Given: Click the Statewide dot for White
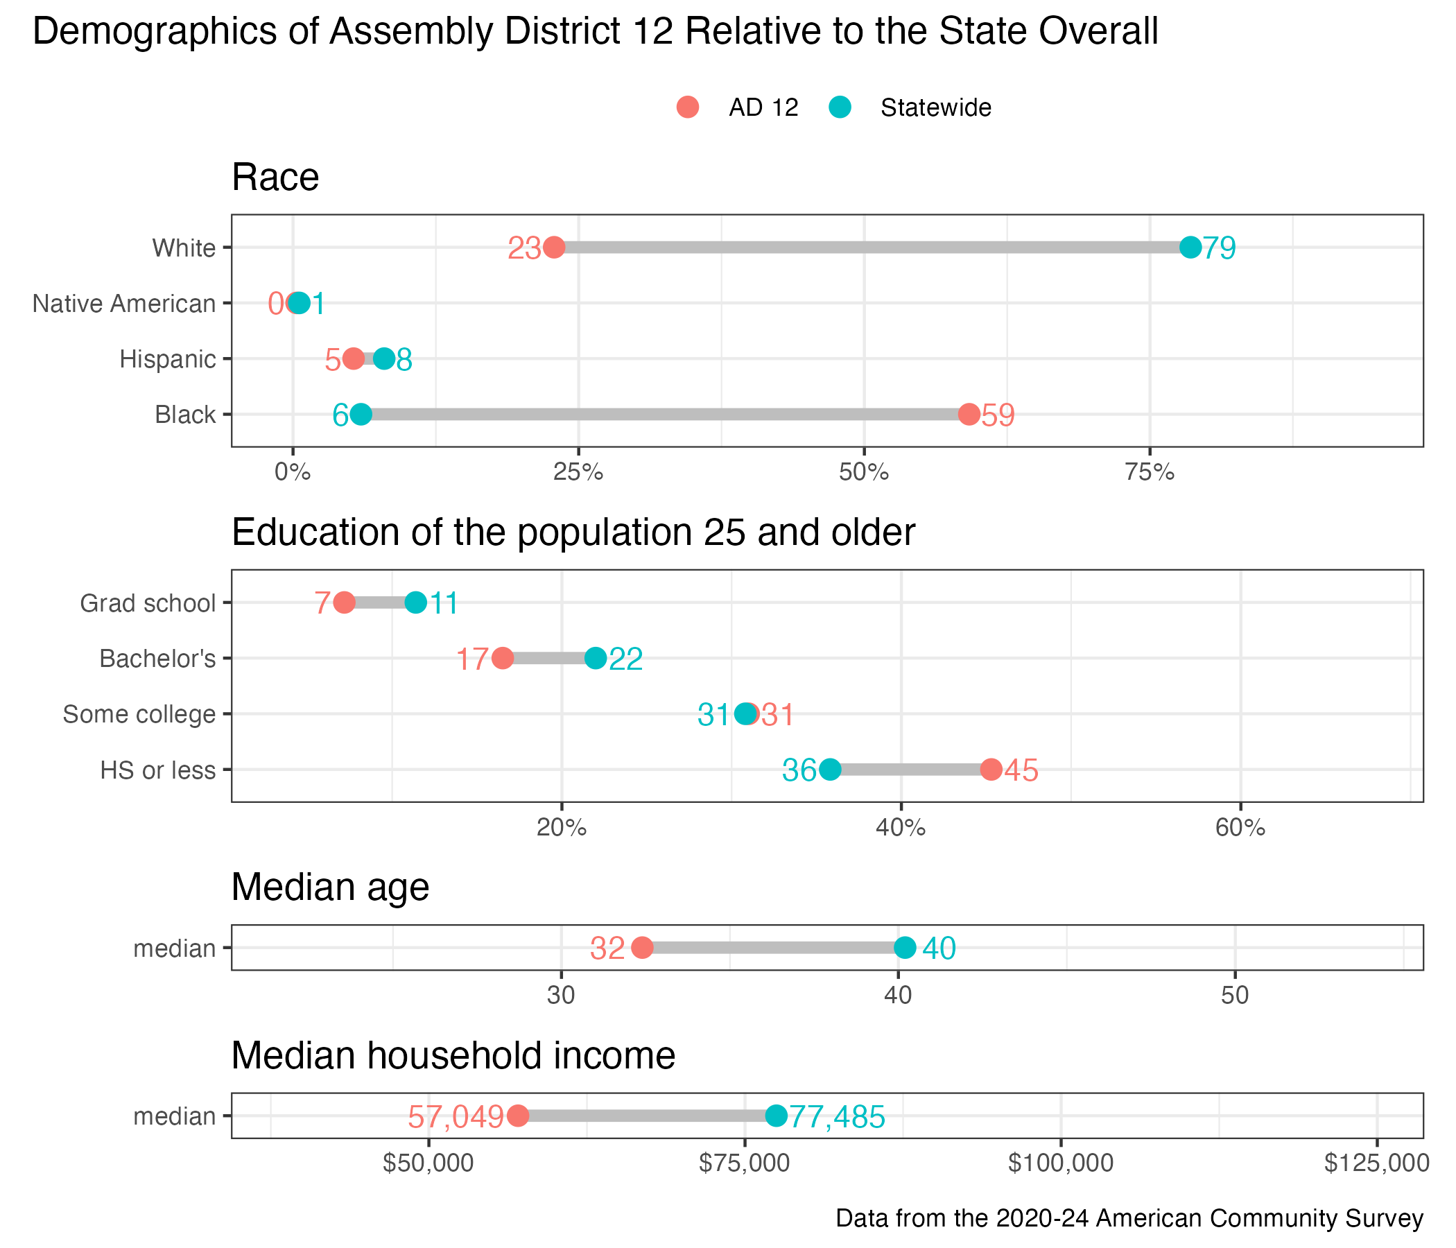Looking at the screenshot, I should (1190, 248).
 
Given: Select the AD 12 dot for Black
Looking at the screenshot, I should (969, 415).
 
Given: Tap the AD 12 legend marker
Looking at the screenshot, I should (688, 107).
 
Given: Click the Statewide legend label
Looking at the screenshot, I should (935, 107).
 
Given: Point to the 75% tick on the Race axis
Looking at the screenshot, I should (1150, 472).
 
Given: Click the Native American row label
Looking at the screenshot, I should (123, 304).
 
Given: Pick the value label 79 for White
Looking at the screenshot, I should (1219, 248).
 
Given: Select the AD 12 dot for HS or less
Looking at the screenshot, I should (991, 770).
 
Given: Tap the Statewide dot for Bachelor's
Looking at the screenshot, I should (595, 659).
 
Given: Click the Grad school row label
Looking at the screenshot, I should (148, 603).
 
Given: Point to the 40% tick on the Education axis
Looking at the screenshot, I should (901, 828).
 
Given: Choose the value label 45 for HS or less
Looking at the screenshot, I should (1021, 771).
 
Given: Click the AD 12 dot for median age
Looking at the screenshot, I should (642, 948).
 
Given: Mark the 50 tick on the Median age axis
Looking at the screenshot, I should (1235, 996).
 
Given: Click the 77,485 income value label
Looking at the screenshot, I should (837, 1117).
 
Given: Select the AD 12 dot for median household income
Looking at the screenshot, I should (518, 1116).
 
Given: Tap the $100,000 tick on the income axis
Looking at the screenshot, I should (1060, 1163).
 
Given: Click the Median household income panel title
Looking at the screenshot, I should (453, 1055).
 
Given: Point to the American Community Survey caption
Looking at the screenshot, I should (1129, 1217).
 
